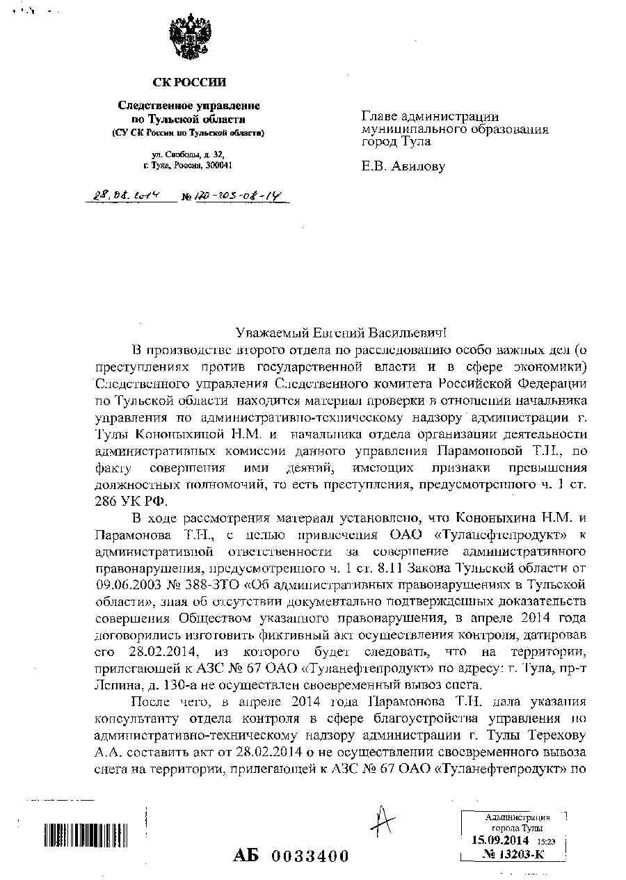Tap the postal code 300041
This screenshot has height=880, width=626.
point(218,166)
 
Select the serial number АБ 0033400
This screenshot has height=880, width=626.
point(291,856)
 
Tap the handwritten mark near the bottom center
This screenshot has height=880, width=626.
point(381,824)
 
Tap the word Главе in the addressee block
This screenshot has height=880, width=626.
point(380,117)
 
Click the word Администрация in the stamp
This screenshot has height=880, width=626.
point(517,818)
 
